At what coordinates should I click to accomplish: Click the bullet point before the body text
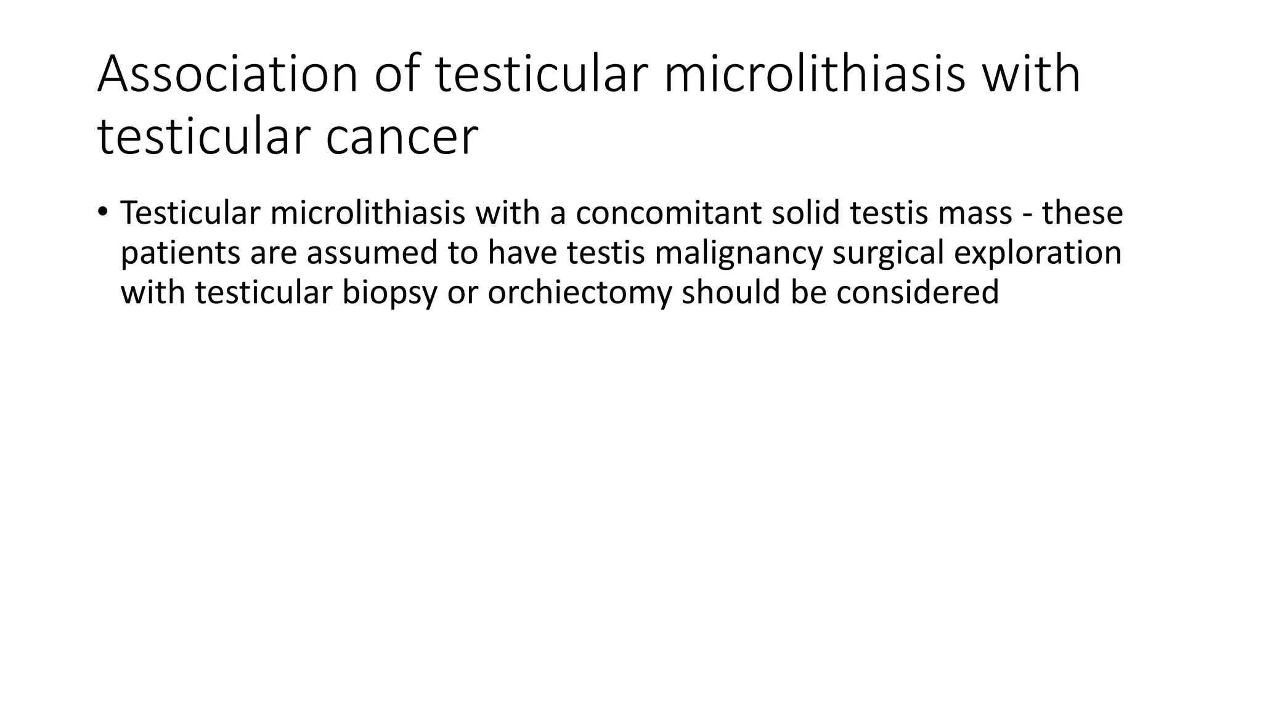[x=102, y=212]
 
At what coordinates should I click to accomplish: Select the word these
[x=1083, y=213]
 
